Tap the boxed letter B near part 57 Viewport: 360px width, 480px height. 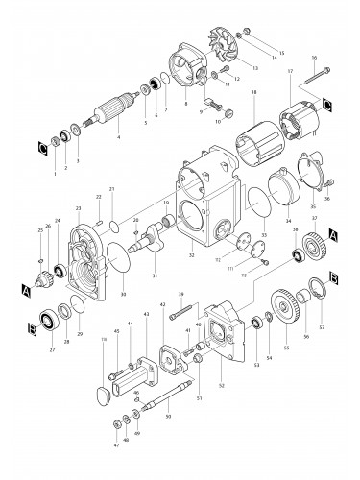[332, 277]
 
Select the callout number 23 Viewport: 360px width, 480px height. [78, 207]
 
